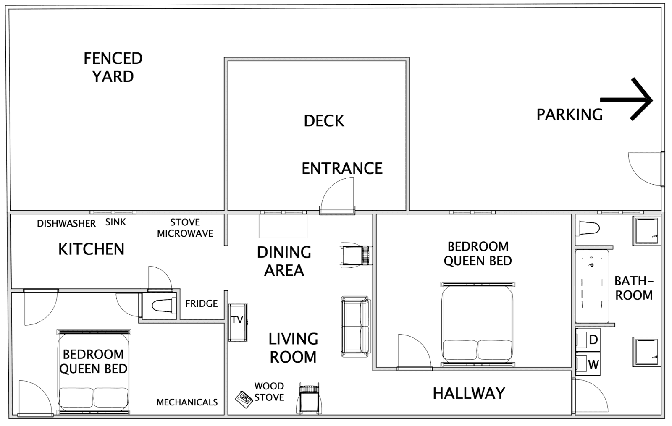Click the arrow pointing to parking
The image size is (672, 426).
626,100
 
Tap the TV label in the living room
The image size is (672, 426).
237,320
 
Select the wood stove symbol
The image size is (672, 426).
244,400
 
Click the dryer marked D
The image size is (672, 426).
588,340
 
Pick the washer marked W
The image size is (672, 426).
588,364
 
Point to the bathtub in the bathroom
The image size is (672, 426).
592,286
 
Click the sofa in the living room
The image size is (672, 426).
355,327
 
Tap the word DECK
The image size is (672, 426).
324,121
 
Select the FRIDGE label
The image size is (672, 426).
201,304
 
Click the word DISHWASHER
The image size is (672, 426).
66,224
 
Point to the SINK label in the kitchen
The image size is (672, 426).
115,222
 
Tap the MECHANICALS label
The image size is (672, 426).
187,402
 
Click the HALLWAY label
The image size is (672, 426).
469,393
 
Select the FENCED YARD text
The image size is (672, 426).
113,67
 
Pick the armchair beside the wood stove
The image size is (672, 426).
309,398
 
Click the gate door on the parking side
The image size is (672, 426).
646,169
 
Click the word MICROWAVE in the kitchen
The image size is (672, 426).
185,233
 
